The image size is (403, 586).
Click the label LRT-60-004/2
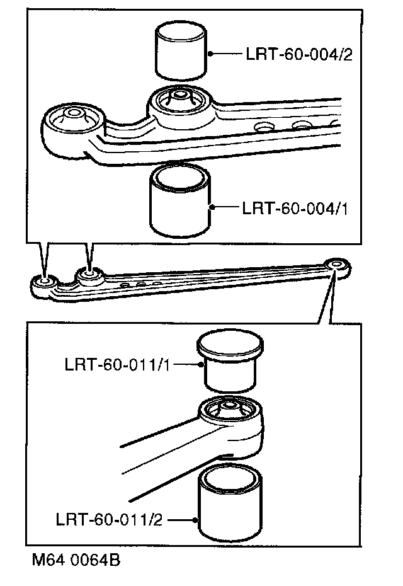pyautogui.click(x=297, y=55)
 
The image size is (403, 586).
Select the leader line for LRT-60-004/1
pyautogui.click(x=224, y=207)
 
